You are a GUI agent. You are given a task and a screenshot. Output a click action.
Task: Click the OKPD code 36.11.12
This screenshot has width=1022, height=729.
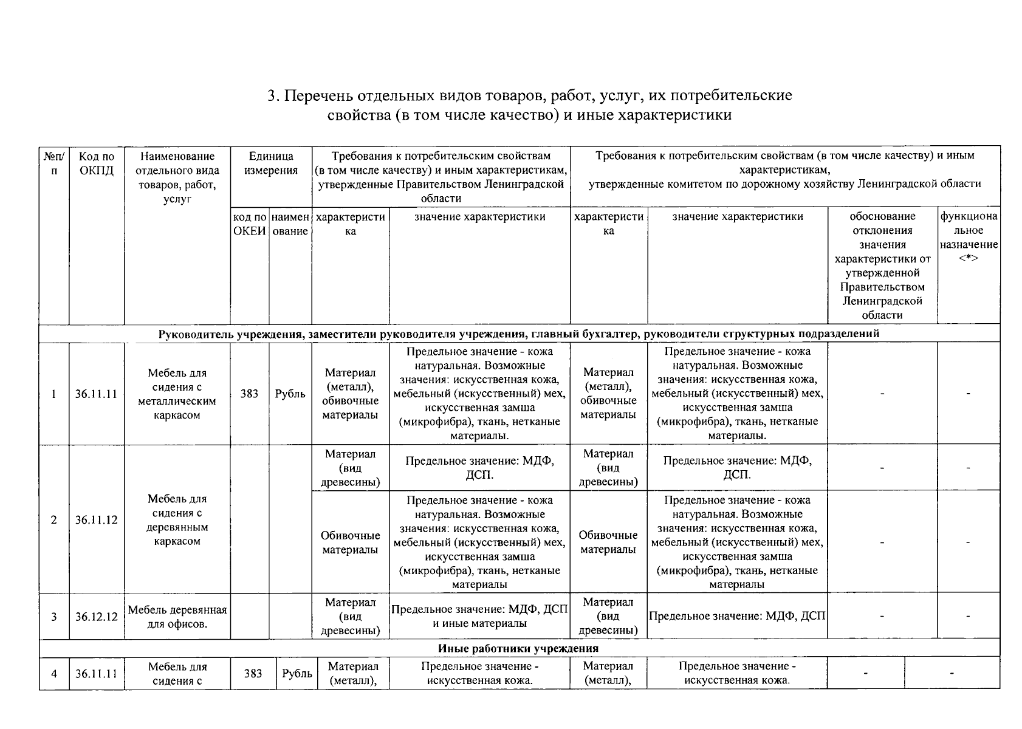tap(96, 520)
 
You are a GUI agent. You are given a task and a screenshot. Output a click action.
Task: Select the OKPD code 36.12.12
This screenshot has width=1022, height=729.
tap(96, 617)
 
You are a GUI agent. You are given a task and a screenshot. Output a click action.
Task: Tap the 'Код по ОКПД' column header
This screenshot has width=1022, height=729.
tap(96, 163)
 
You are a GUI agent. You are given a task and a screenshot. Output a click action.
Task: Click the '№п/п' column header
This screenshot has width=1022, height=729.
tap(54, 163)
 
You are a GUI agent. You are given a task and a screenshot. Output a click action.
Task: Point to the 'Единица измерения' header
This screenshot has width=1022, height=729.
tap(271, 163)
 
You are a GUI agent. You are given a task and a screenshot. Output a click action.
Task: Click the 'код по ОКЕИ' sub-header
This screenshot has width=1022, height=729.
tap(250, 224)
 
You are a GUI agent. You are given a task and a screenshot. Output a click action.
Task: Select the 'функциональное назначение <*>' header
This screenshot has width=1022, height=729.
tap(969, 237)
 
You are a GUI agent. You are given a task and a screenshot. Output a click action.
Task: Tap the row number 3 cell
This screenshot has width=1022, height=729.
tap(54, 617)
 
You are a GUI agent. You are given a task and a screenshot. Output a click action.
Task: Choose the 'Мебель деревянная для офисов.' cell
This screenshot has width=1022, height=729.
tap(177, 617)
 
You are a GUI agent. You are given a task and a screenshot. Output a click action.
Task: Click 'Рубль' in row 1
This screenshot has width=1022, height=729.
tap(290, 394)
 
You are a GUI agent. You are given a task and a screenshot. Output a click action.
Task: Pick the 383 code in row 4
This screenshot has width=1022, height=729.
tap(253, 673)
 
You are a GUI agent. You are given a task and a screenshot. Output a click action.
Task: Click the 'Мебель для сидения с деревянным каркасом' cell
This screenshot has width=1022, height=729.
tap(177, 520)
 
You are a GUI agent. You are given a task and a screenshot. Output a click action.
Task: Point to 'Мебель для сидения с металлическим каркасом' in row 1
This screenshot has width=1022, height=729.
tap(177, 394)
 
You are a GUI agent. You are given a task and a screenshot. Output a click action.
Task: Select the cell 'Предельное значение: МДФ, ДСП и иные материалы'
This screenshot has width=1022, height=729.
tap(479, 616)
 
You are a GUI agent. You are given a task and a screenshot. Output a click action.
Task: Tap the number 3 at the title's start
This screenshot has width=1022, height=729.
tap(272, 96)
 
